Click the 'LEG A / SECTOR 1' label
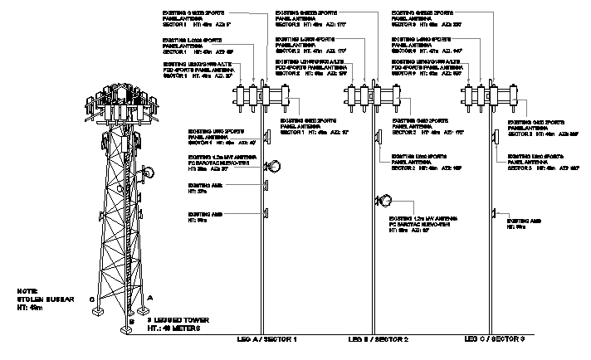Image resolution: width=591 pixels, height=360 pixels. [x=266, y=340]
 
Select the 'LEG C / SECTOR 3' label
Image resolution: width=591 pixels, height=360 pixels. [x=495, y=340]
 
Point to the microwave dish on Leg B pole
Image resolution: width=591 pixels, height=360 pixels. [x=385, y=200]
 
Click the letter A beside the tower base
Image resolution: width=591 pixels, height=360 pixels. [x=149, y=296]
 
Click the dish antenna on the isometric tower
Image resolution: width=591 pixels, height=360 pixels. [x=149, y=173]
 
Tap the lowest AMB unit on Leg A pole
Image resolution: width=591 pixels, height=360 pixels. [x=266, y=214]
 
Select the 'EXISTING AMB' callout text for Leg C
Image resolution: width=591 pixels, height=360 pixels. [x=524, y=224]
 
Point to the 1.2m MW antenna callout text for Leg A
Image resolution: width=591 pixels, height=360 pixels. [x=219, y=163]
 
